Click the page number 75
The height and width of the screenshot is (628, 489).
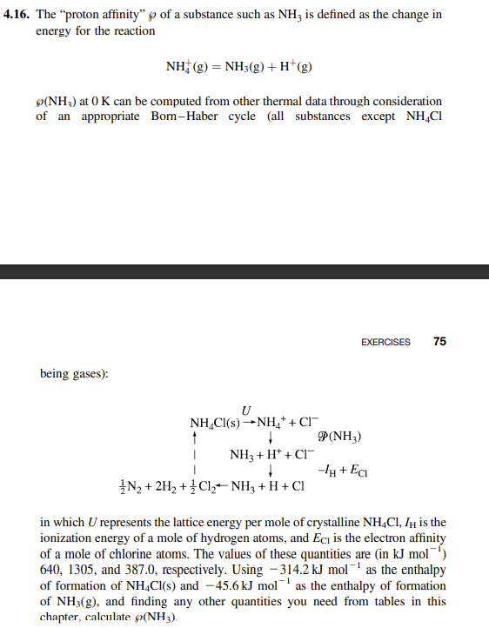439,342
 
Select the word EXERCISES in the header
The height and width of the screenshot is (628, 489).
385,342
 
